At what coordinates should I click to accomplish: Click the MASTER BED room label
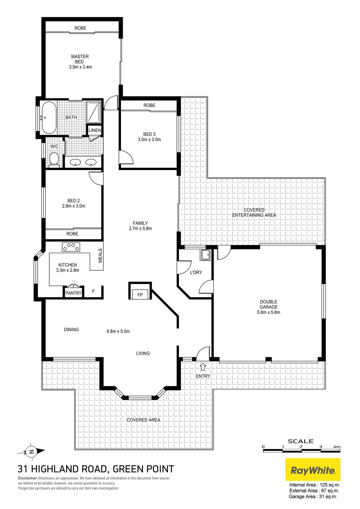pos(80,59)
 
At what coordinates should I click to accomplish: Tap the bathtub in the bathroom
pos(49,117)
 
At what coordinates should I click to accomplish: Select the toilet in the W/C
pos(54,159)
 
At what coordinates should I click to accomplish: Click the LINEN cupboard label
pos(95,130)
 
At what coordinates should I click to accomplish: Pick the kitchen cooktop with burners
pos(71,247)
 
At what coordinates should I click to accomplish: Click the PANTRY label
pos(73,293)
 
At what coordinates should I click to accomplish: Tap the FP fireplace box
pos(140,295)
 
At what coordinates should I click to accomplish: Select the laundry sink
pos(206,255)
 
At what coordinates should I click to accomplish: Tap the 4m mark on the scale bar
pos(337,447)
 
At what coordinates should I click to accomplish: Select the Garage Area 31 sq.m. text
pos(313,503)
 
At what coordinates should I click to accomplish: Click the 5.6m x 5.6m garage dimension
pos(268,312)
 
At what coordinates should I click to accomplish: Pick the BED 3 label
pos(149,134)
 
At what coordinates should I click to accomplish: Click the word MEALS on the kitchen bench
pos(100,256)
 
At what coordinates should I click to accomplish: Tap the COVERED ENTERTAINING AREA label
pos(254,212)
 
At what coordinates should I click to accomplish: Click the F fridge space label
pos(93,291)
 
